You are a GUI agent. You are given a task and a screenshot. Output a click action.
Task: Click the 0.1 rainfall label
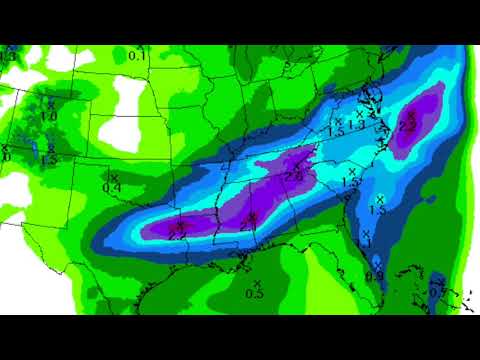tap(137, 56)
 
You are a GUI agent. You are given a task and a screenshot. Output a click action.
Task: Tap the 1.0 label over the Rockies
tap(47, 115)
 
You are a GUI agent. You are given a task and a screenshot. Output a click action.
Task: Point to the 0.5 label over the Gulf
tap(254, 293)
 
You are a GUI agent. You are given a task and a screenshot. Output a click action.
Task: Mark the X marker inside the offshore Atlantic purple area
tap(410, 115)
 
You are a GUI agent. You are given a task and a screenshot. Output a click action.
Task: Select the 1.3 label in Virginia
tap(356, 124)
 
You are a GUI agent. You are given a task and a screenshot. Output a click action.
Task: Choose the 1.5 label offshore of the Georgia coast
tap(377, 208)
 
